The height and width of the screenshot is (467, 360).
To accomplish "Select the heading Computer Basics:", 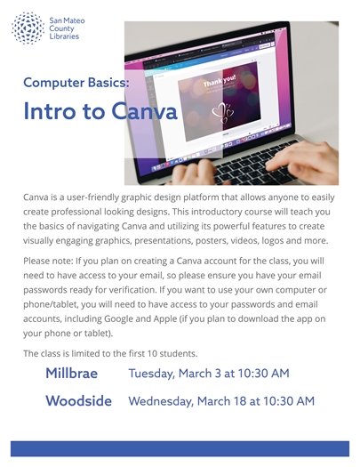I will (76, 82).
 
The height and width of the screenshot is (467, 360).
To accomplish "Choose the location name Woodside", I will (78, 401).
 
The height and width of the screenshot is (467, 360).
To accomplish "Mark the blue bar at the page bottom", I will (180, 448).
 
